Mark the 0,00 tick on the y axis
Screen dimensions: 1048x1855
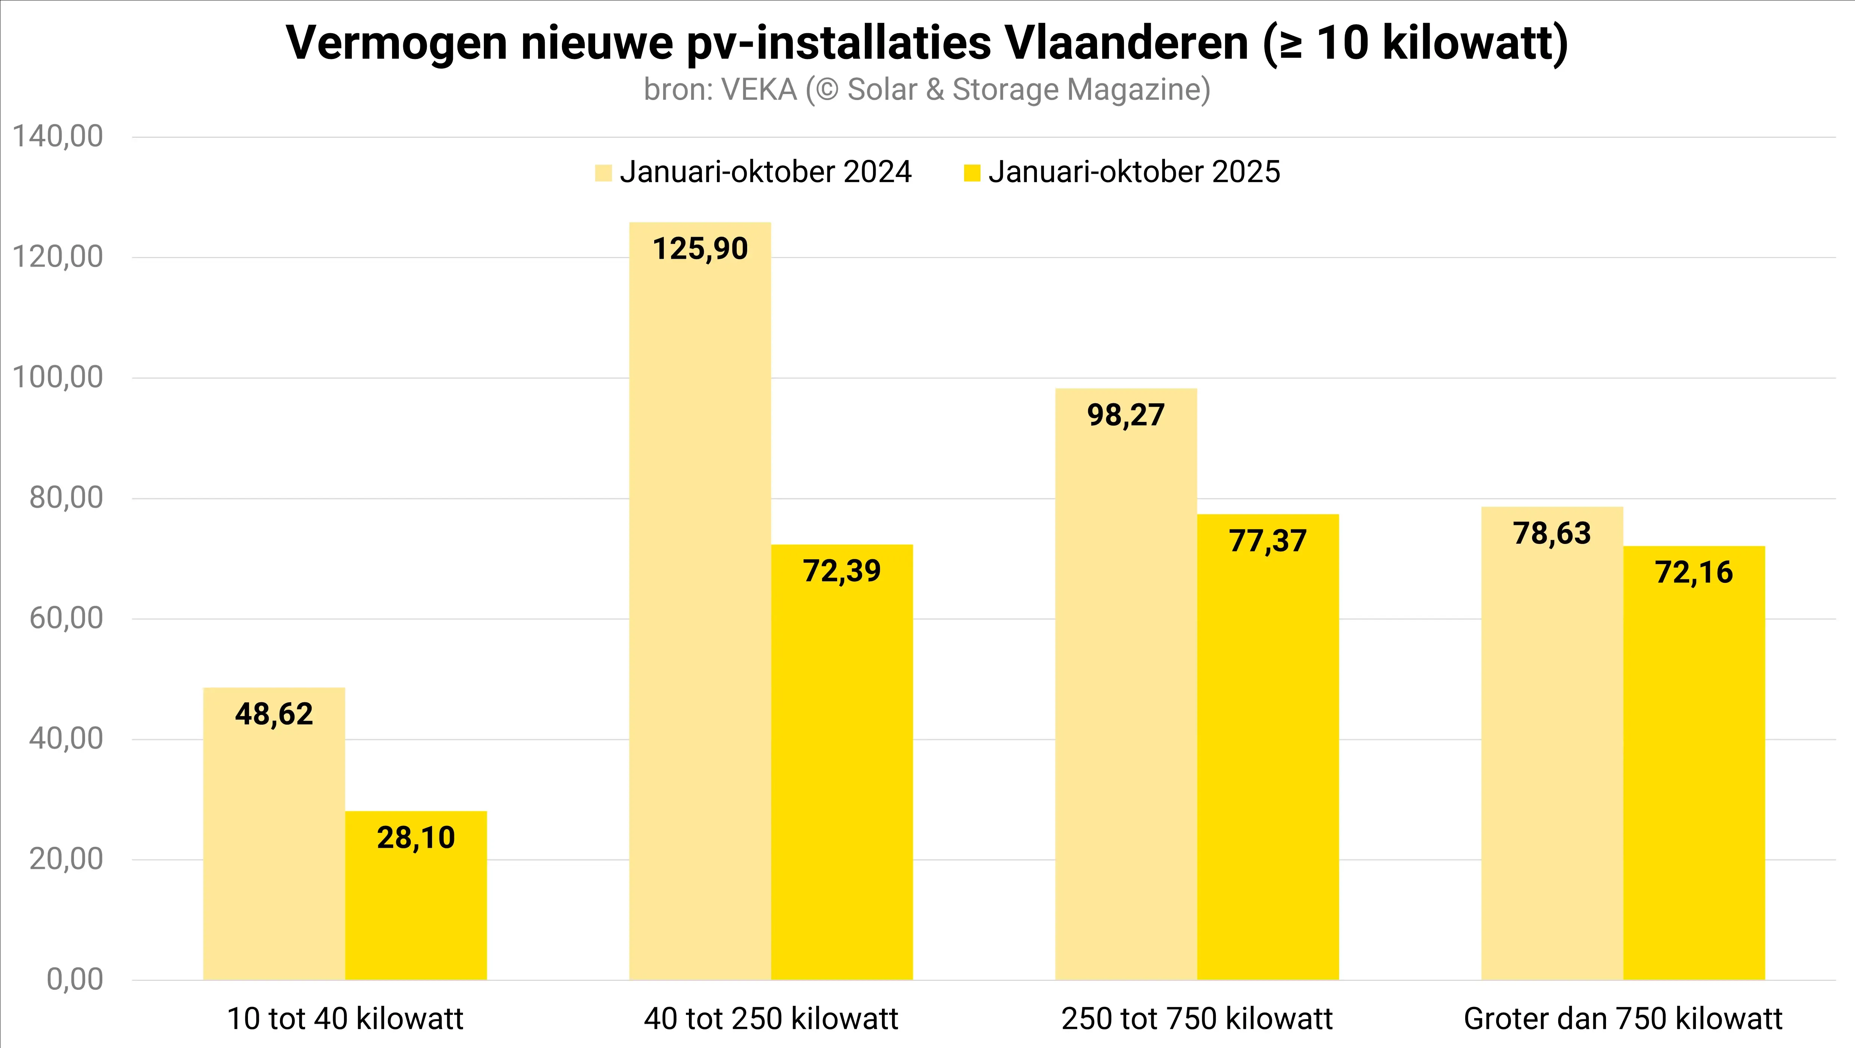pos(75,980)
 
